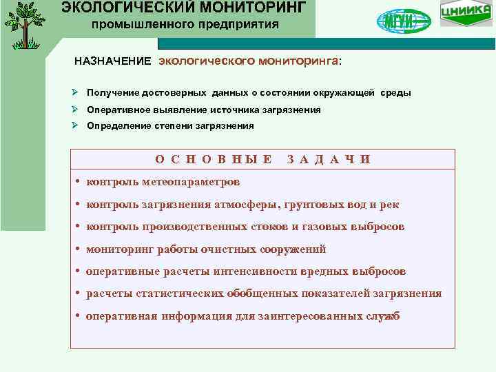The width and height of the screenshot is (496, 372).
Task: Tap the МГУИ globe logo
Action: pyautogui.click(x=403, y=21)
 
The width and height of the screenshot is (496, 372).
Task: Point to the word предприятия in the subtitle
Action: pyautogui.click(x=240, y=25)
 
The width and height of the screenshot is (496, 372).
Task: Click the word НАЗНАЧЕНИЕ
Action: pyautogui.click(x=112, y=61)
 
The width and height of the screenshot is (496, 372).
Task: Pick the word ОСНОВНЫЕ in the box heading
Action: pyautogui.click(x=213, y=160)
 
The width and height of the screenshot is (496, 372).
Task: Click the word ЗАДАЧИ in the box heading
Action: pyautogui.click(x=328, y=160)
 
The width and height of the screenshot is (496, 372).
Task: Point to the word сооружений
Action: pyautogui.click(x=291, y=249)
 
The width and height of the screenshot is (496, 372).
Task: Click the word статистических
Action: pyautogui.click(x=175, y=293)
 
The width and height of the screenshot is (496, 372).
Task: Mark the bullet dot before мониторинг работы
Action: pyautogui.click(x=79, y=249)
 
